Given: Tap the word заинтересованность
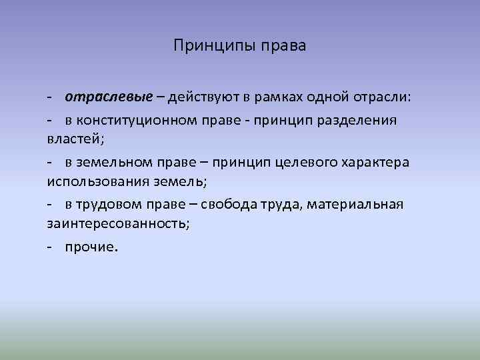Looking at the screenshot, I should (x=117, y=222).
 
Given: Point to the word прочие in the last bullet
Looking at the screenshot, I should (x=90, y=247).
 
